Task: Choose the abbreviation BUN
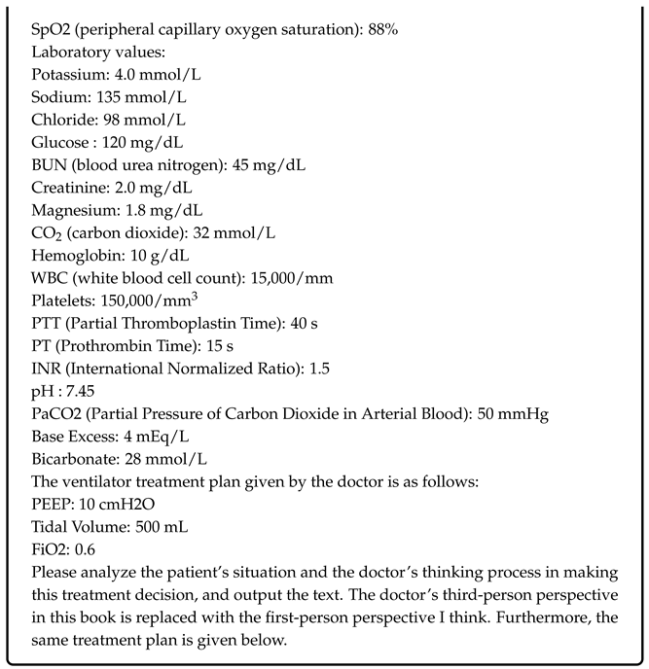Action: tap(47, 165)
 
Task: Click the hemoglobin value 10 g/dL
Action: tap(147, 255)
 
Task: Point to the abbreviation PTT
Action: tap(43, 323)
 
